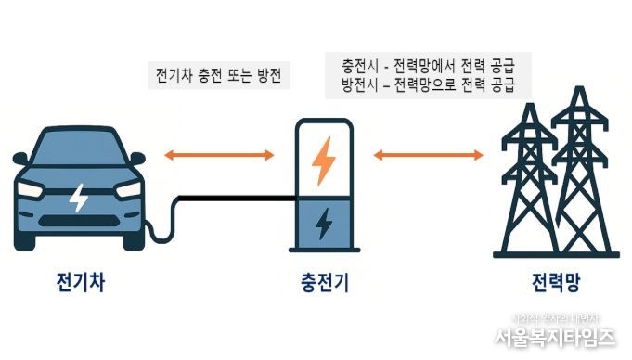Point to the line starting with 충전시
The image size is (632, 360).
point(429,67)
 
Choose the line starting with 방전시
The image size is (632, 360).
point(429,86)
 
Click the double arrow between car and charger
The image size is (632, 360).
point(218,154)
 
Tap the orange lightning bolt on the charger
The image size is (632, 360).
point(323,159)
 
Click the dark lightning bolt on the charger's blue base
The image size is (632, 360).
point(323,224)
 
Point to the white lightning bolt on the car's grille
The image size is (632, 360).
point(80,197)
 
